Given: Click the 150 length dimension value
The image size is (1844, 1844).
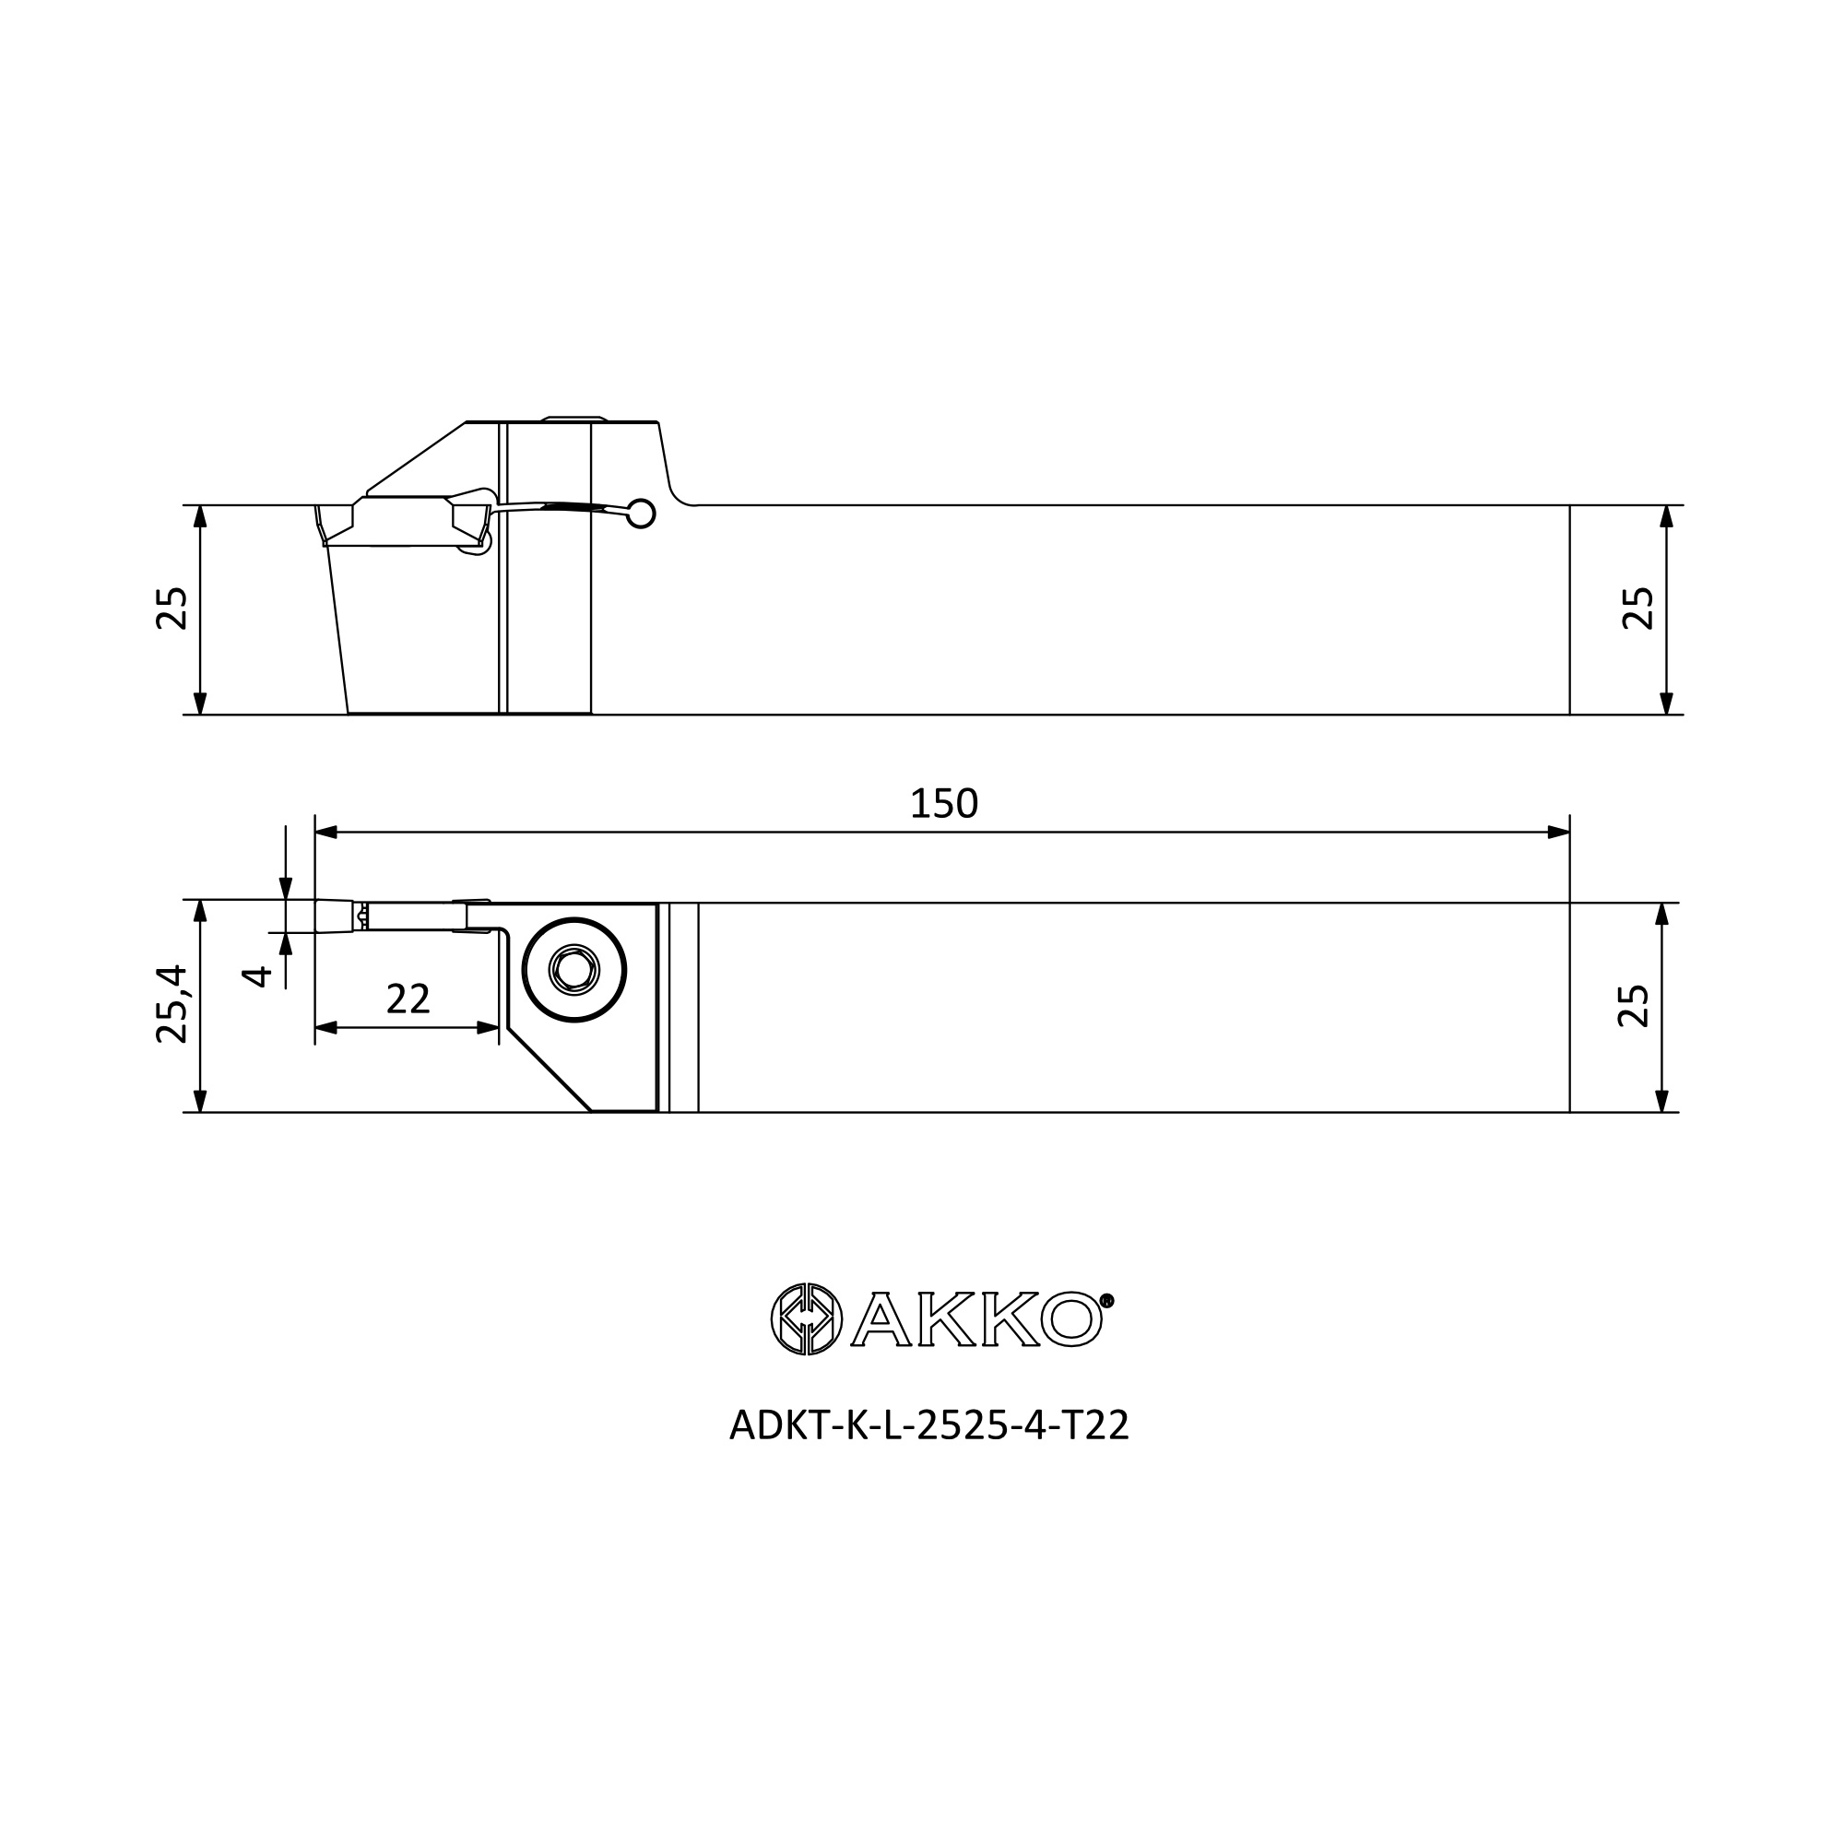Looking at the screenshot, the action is pyautogui.click(x=944, y=804).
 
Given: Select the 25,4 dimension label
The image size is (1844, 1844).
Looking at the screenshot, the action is pyautogui.click(x=171, y=1004).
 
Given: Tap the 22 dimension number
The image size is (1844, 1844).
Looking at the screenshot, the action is pyautogui.click(x=408, y=999).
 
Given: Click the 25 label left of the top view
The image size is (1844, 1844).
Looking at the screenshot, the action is pyautogui.click(x=171, y=608).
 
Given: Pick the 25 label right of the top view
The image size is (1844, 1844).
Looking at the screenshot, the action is pyautogui.click(x=1637, y=608).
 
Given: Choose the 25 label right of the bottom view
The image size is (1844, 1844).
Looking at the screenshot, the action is pyautogui.click(x=1633, y=1005).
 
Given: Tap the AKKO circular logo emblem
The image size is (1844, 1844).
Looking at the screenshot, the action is pyautogui.click(x=807, y=1319).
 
